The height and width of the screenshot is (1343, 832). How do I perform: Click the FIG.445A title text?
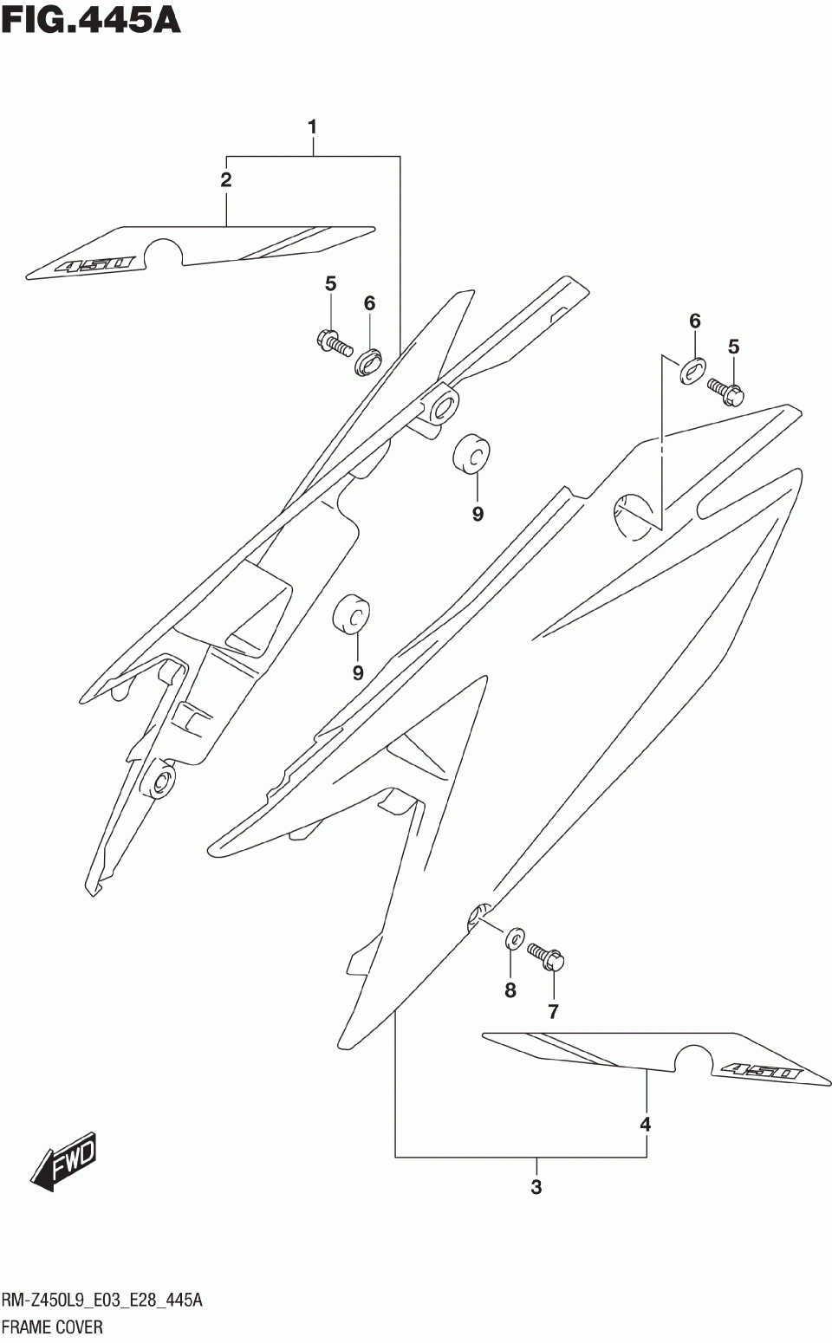(x=91, y=19)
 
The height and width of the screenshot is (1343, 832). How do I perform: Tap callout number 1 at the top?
(x=312, y=127)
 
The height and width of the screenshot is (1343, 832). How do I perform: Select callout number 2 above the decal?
(x=226, y=180)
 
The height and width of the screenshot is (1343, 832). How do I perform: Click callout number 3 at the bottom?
(x=536, y=1187)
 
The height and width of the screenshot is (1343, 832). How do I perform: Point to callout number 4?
(x=646, y=1125)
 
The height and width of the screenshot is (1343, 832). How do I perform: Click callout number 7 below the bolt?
(x=553, y=1010)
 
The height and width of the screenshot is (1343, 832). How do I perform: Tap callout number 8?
(x=510, y=989)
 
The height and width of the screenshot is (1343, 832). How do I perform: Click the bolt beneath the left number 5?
(x=333, y=343)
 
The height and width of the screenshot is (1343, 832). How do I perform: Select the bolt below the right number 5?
(x=726, y=391)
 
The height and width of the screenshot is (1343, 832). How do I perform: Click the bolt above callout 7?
(x=547, y=956)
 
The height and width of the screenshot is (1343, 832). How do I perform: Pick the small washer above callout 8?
(x=514, y=937)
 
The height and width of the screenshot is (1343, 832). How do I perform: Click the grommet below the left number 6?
(x=368, y=360)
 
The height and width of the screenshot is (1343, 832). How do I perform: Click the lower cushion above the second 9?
(x=352, y=614)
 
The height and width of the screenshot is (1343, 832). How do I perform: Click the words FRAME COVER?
(x=52, y=1327)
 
